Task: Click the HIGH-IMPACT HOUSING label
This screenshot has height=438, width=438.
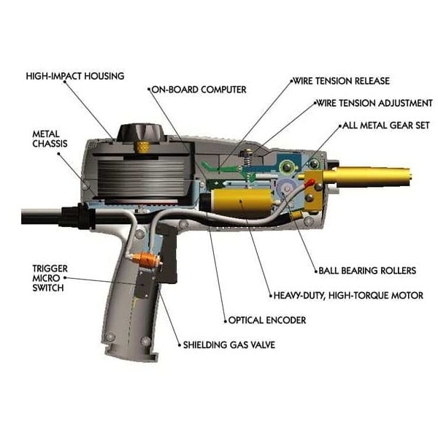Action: (74, 75)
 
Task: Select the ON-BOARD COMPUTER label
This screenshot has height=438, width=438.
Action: (199, 89)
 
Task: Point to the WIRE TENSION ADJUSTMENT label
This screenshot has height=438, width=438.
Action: (374, 103)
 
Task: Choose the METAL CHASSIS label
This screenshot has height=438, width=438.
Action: (50, 139)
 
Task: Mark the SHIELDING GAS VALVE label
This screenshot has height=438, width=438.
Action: (228, 345)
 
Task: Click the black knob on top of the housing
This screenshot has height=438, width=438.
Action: (144, 134)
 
